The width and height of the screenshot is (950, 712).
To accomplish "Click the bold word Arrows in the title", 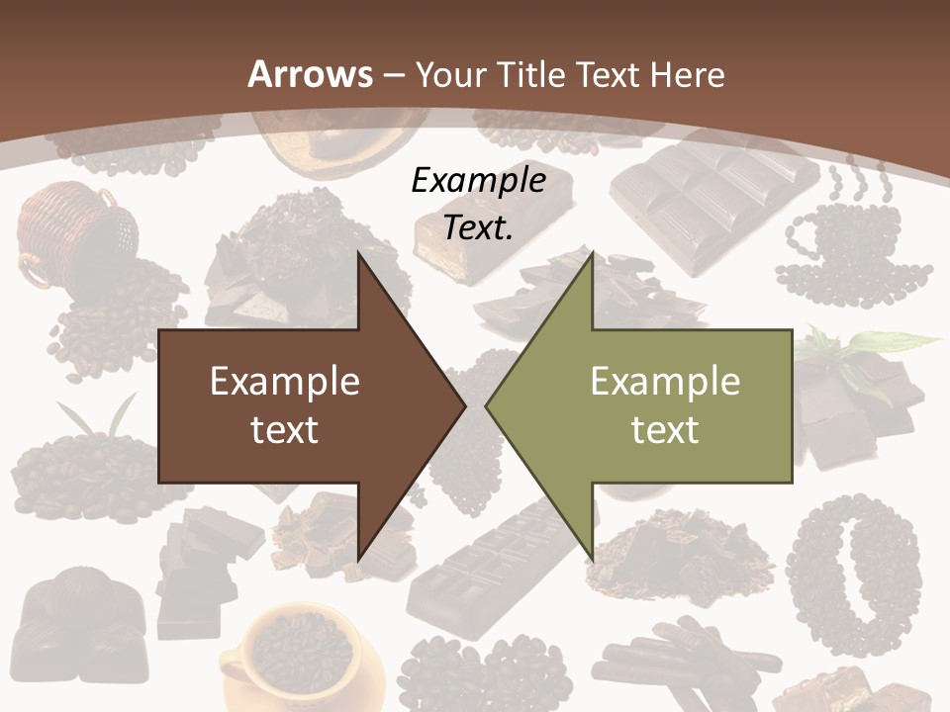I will pos(310,74).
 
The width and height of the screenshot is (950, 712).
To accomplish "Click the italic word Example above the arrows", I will pos(478,180).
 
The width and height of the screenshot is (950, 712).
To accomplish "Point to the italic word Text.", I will pos(478,227).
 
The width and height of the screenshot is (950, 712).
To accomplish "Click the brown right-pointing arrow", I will pos(297,405).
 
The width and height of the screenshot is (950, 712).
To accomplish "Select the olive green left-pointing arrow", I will pos(653,405).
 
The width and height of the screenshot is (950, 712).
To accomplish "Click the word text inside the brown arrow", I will pos(284,429).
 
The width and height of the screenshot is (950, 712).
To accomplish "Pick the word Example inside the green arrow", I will pos(665,381).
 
